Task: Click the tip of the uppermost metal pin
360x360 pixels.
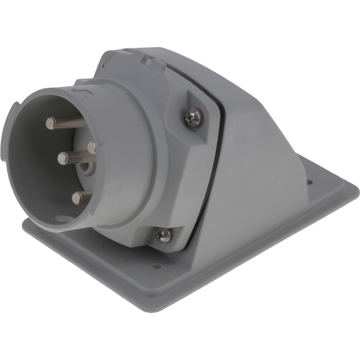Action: click(x=51, y=123)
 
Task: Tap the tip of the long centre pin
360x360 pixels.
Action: click(x=63, y=159)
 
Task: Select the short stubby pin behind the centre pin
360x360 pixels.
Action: click(x=92, y=147)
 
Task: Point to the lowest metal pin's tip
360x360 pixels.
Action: click(x=77, y=198)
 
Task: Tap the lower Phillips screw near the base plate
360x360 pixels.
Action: click(x=164, y=235)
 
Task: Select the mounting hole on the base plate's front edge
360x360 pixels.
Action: click(x=157, y=266)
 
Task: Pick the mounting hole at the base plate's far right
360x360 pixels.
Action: click(x=309, y=182)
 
